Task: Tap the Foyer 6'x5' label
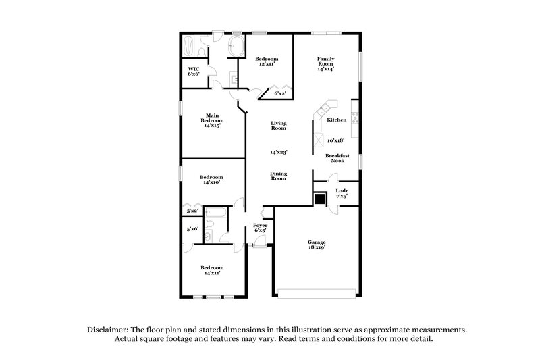260,228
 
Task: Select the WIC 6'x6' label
194,71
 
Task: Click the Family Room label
326,63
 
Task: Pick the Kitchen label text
337,120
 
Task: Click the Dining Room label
279,176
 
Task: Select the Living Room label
279,126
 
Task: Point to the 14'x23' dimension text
279,152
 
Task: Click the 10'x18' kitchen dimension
336,140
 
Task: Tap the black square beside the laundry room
320,199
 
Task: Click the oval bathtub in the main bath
236,48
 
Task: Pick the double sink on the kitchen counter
328,107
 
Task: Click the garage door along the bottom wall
317,292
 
